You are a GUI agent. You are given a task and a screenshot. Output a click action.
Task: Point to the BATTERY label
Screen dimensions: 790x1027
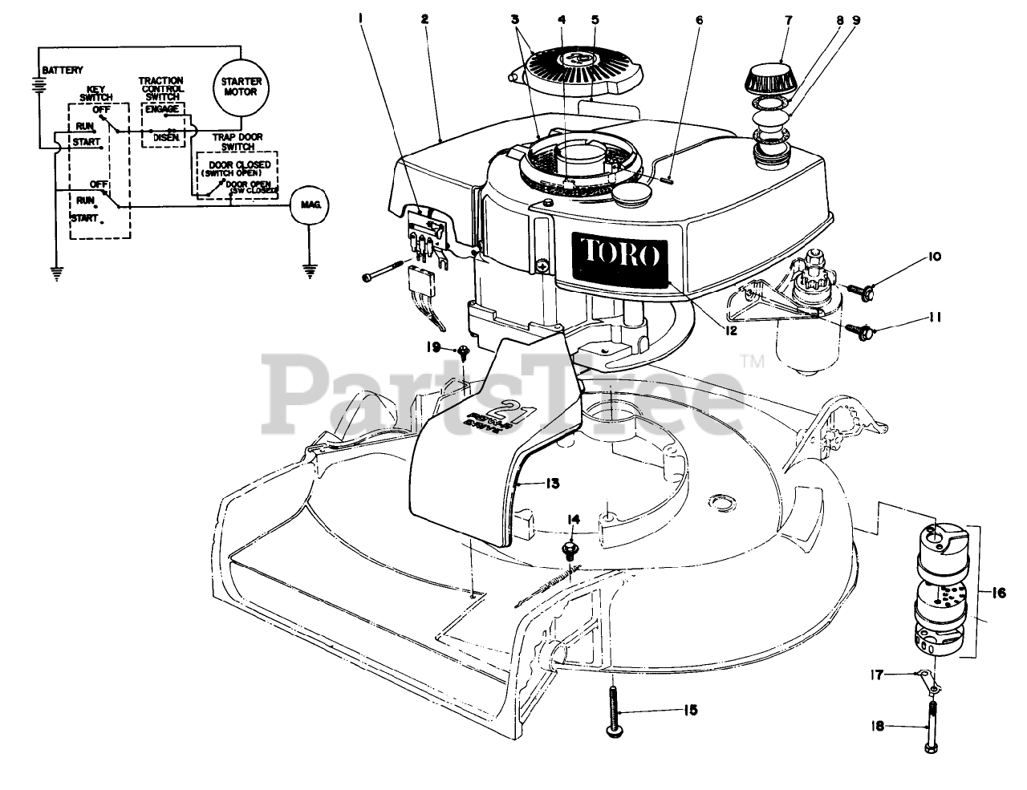pos(63,71)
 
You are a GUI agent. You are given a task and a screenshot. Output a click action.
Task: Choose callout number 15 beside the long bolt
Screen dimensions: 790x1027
pos(690,710)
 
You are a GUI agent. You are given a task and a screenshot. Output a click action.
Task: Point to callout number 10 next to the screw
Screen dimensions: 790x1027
pos(911,257)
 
